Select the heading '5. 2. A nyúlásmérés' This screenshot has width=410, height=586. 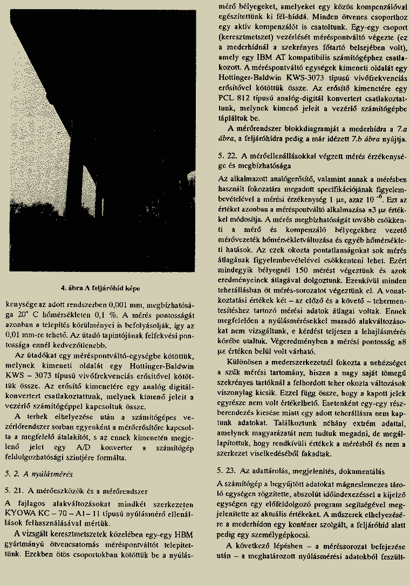pos(38,474)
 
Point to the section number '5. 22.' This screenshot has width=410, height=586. pos(227,155)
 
